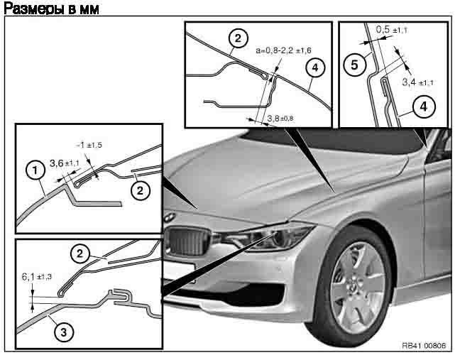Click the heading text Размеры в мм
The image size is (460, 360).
click(x=50, y=9)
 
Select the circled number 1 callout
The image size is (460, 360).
click(x=32, y=170)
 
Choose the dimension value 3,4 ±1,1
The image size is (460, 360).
click(x=417, y=83)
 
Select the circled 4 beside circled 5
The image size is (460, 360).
click(x=423, y=108)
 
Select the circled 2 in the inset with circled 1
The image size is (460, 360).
click(x=140, y=190)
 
